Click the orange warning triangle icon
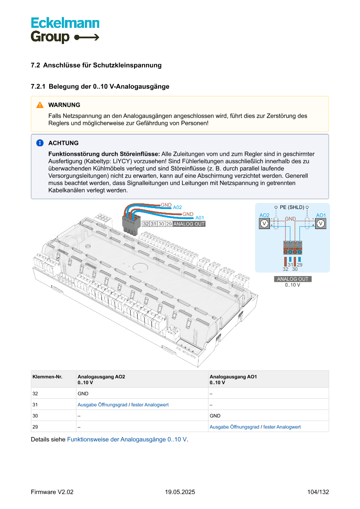coord(40,105)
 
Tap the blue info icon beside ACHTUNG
coord(40,143)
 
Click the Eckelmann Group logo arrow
coord(87,37)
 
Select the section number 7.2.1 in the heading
coord(38,87)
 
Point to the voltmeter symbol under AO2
coord(264,223)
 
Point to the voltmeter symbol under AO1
coord(321,223)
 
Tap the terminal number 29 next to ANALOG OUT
coord(169,224)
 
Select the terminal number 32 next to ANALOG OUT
coord(146,224)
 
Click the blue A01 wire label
coord(199,218)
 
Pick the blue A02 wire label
coord(177,208)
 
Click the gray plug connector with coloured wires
coord(131,224)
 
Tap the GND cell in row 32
coord(83,393)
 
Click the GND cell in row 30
coord(215,416)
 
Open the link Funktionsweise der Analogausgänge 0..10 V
coord(127,439)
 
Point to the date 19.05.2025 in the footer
coord(180,492)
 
